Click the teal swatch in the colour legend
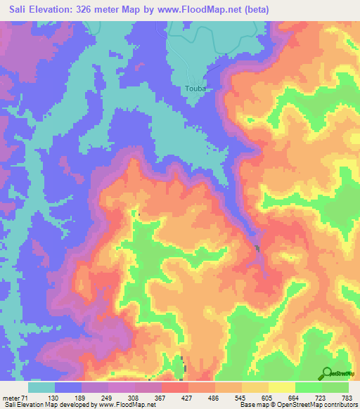click(41, 387)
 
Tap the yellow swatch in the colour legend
click(282, 387)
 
